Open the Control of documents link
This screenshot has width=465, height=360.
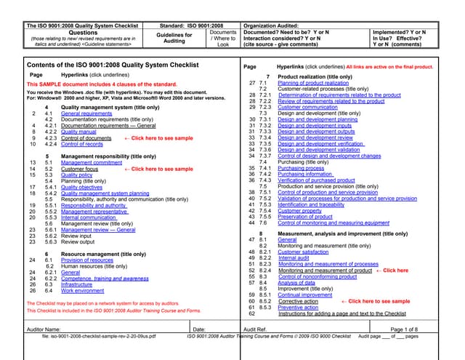(86, 137)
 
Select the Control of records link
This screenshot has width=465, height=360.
(81, 144)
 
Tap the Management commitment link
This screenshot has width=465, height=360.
(92, 163)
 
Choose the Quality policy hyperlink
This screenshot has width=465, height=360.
(76, 175)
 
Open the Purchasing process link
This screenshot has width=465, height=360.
(301, 168)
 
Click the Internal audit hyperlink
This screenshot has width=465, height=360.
(293, 257)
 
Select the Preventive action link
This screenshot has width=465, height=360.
(298, 307)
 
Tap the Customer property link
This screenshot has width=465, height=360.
(300, 210)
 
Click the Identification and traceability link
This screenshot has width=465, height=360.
(311, 204)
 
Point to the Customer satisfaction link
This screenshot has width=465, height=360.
(303, 252)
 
